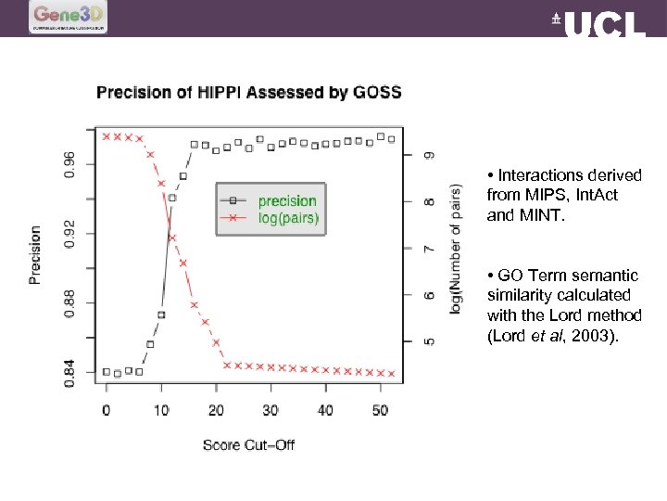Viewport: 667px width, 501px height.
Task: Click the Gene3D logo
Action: [x=69, y=16]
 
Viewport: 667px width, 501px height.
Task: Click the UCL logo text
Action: [x=599, y=23]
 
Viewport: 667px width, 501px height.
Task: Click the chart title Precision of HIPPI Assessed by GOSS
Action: [x=249, y=92]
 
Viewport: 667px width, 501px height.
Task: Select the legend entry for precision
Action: [x=287, y=200]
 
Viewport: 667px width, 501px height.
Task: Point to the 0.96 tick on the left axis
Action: [x=70, y=164]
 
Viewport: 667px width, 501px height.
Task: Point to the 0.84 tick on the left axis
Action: [x=70, y=372]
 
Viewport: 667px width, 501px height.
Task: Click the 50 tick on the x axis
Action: [x=379, y=410]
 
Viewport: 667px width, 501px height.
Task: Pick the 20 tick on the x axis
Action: [x=215, y=410]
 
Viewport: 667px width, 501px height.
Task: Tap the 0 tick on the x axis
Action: [x=106, y=410]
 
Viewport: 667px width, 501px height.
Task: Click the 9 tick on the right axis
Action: [x=429, y=155]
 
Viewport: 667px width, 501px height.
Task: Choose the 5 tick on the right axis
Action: [x=429, y=341]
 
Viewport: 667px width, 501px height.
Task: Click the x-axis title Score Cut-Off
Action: [x=248, y=444]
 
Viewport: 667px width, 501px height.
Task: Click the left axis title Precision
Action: [x=35, y=254]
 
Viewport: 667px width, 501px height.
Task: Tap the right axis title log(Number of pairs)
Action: [x=455, y=249]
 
